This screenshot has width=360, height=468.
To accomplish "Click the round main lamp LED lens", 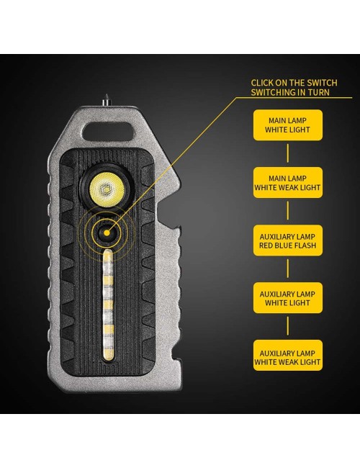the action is [x=106, y=189].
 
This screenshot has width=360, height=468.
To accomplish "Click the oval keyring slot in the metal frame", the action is [x=108, y=131].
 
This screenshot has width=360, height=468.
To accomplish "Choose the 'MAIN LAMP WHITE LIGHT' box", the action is [x=288, y=125].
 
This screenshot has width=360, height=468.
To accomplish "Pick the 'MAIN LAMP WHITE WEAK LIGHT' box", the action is [x=288, y=183].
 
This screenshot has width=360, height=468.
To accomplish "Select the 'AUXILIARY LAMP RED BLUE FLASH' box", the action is [x=288, y=240].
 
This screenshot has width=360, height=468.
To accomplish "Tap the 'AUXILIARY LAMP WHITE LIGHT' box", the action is [x=288, y=298].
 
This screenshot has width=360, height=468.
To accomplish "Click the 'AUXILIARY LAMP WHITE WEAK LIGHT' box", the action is [x=288, y=356].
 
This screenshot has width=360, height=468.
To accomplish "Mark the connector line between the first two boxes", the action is [x=288, y=153].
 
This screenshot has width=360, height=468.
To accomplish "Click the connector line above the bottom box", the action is [x=288, y=326].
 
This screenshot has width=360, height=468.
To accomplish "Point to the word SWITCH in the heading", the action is [x=322, y=83].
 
